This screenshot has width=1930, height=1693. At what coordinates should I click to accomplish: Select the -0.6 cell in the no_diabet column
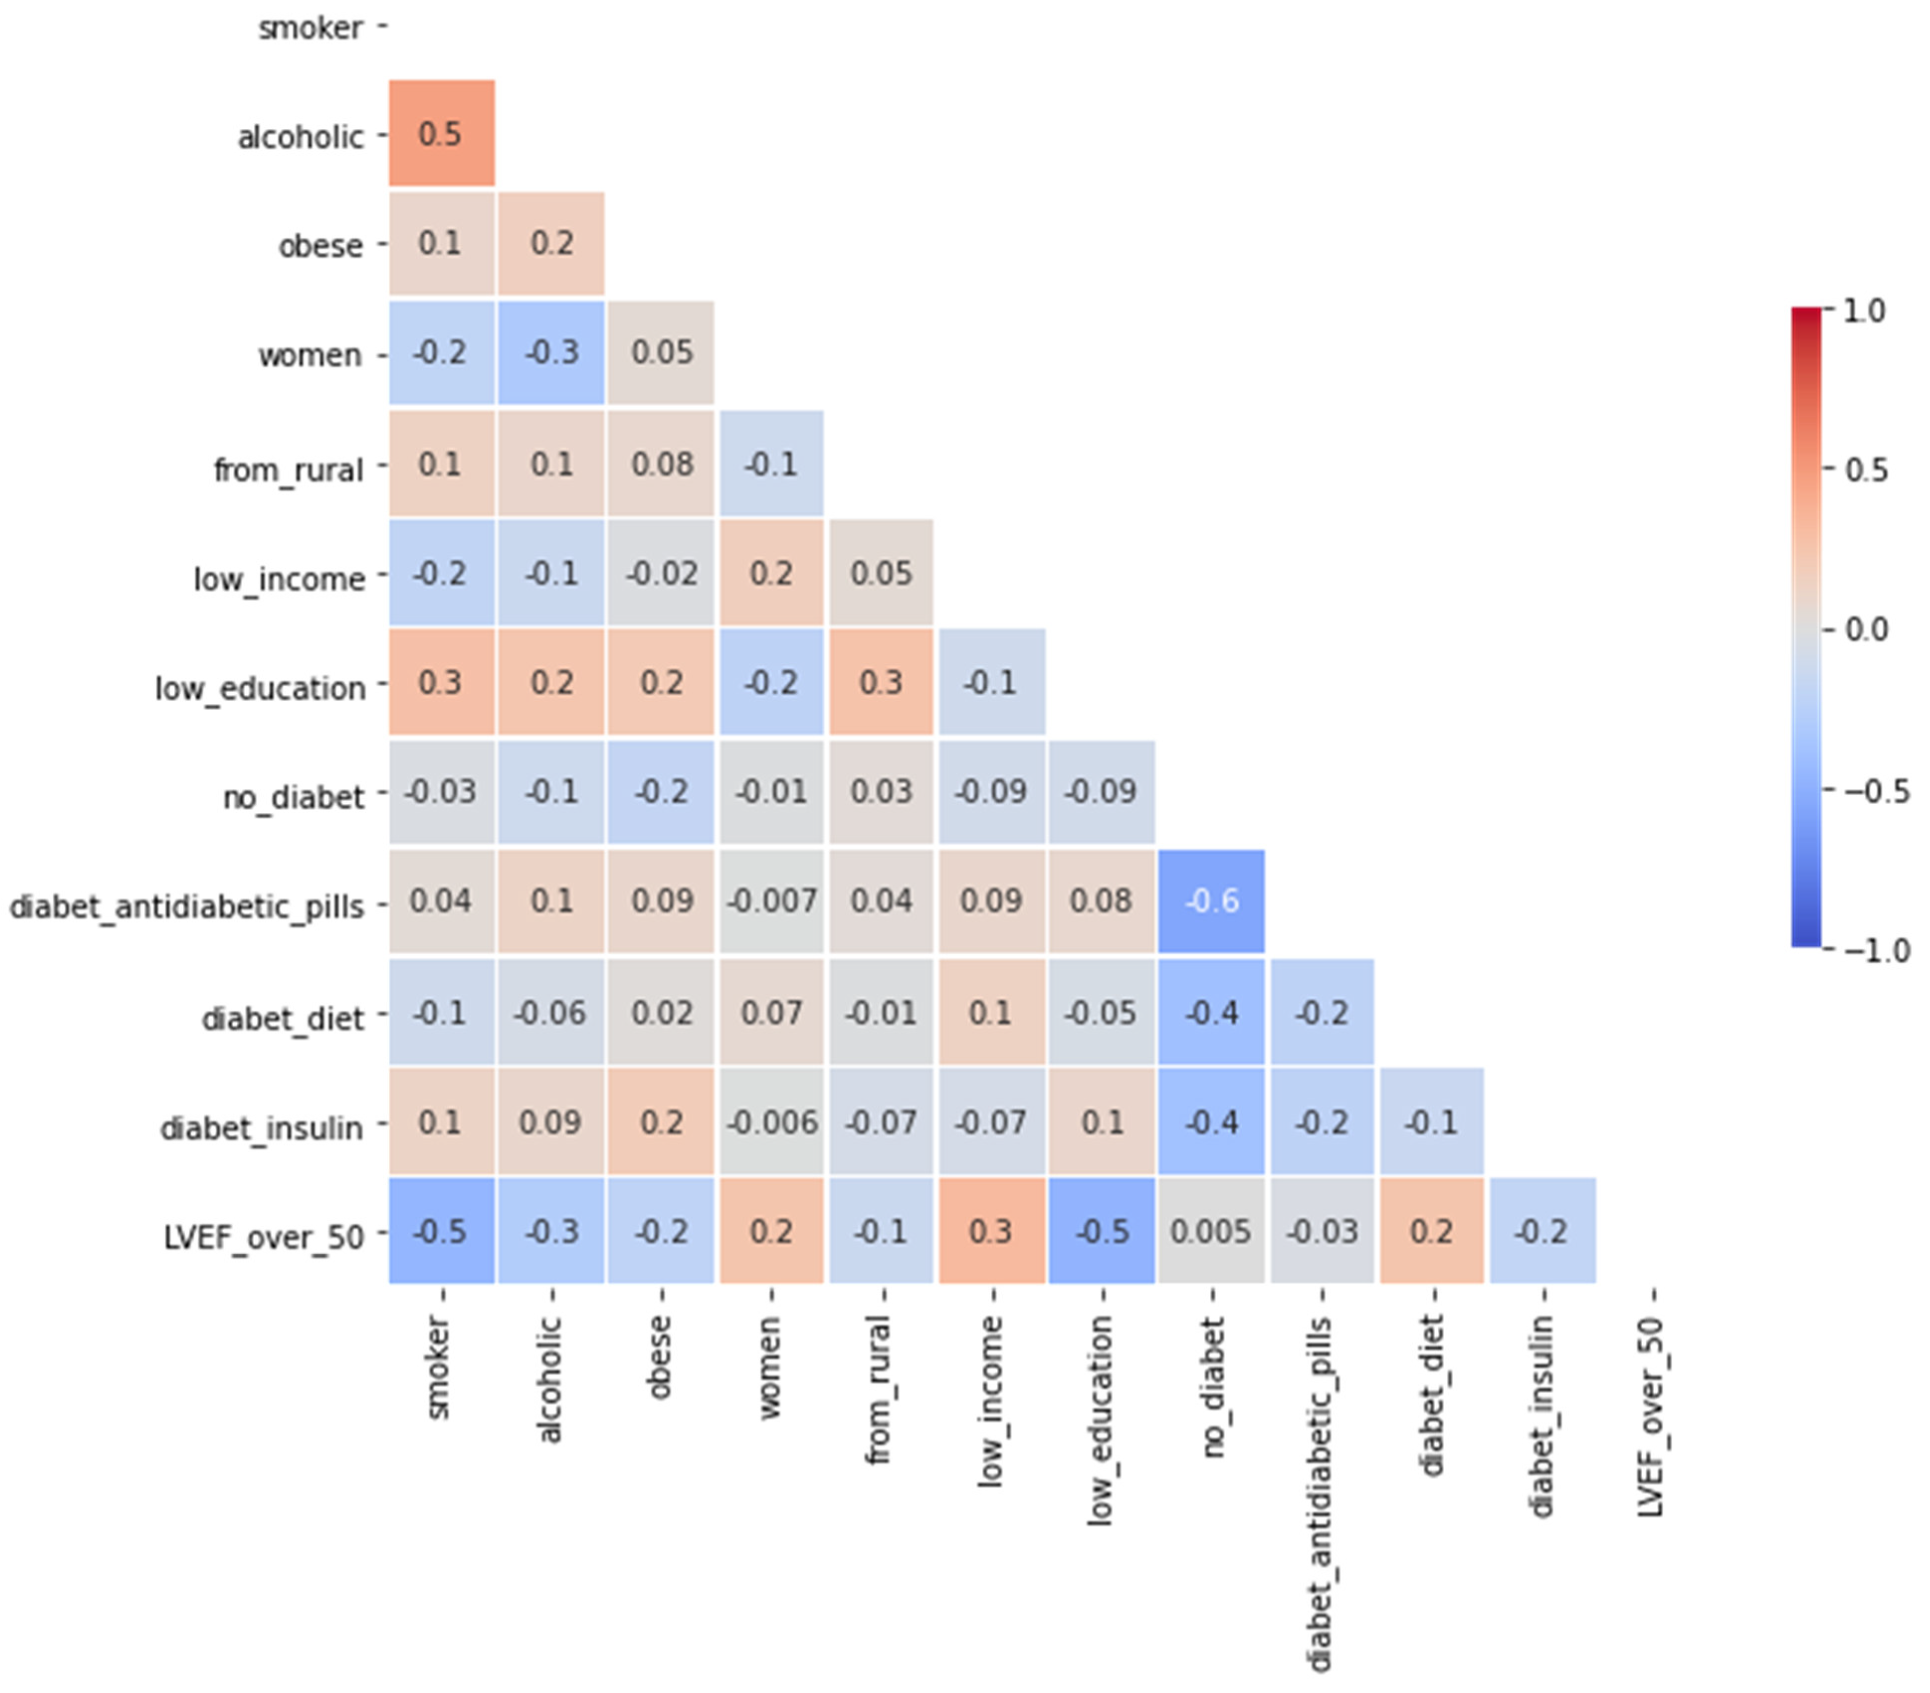pos(1211,901)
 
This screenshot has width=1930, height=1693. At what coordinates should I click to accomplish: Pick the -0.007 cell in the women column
pos(772,901)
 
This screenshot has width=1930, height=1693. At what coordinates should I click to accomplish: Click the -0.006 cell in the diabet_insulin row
pos(772,1122)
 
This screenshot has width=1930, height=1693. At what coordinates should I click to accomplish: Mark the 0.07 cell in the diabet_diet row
pos(772,1012)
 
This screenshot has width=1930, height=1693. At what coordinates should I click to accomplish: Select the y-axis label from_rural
pos(288,469)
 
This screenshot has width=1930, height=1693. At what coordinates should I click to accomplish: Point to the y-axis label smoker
pos(311,28)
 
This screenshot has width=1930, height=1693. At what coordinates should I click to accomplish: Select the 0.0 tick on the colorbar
pos(1865,629)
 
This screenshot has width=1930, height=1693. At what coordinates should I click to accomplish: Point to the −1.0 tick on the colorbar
pos(1874,949)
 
